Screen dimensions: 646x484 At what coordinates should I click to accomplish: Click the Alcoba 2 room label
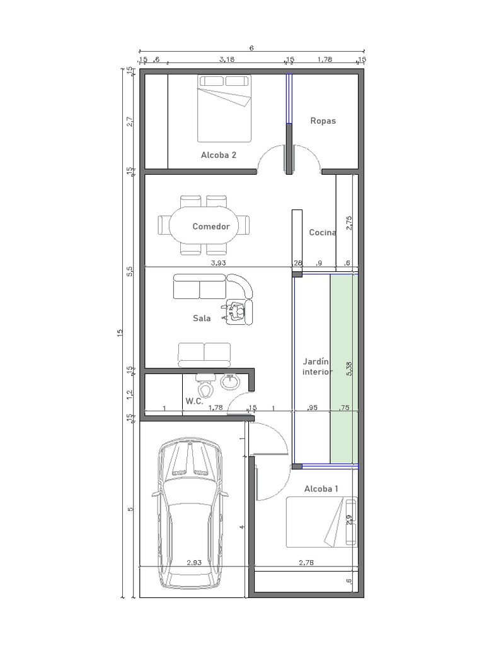(219, 155)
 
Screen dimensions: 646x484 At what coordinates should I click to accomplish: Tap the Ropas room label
(323, 120)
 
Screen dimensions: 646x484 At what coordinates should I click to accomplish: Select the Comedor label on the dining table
(211, 226)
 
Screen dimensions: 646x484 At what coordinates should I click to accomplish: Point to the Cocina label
(323, 232)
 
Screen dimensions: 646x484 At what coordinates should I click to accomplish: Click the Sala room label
(202, 318)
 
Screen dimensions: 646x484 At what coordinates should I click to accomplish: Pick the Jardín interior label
(316, 367)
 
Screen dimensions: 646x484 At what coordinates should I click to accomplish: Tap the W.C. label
(194, 401)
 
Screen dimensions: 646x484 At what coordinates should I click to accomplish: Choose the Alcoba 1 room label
(321, 489)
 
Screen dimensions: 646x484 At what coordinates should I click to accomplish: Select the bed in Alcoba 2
(224, 108)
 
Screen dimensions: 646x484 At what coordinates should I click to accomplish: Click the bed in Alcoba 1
(321, 522)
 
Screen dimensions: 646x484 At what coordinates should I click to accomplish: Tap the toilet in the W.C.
(205, 381)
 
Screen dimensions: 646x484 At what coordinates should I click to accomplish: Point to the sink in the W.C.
(230, 380)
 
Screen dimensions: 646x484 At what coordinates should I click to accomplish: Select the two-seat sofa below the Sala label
(204, 355)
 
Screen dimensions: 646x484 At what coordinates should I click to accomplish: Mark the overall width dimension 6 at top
(251, 48)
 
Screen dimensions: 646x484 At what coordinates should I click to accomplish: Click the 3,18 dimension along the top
(227, 60)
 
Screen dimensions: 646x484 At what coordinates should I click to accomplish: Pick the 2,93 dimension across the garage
(193, 563)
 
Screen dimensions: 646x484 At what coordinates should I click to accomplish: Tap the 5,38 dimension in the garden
(349, 369)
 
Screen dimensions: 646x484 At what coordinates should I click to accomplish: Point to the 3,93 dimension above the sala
(218, 262)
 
